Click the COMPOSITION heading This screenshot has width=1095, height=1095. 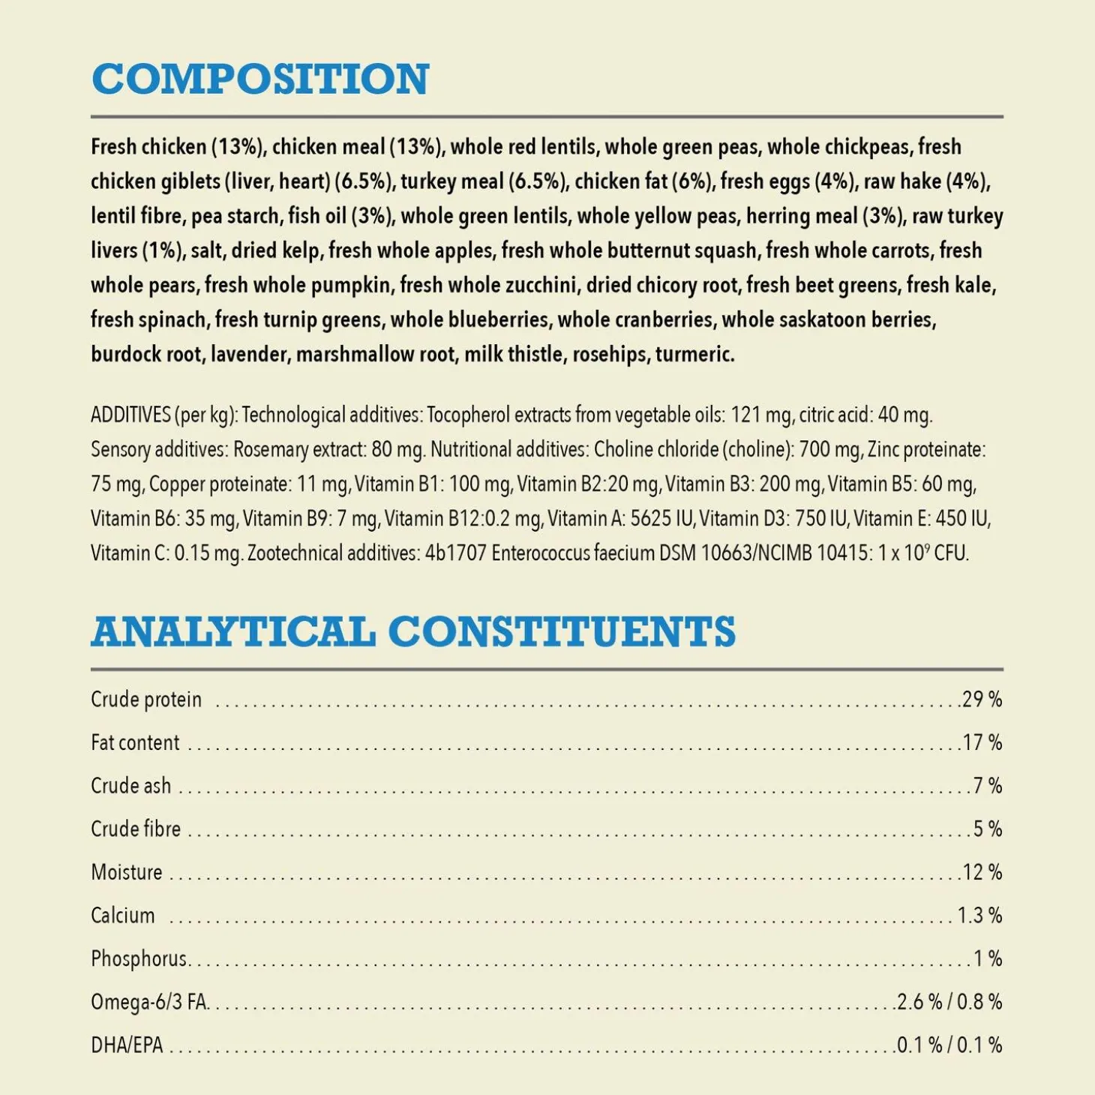(259, 79)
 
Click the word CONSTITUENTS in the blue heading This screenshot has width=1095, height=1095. (562, 631)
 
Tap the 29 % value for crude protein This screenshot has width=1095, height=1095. (982, 699)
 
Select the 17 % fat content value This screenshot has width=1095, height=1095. (982, 742)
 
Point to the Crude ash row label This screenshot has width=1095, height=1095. (131, 786)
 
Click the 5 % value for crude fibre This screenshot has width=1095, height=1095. (987, 829)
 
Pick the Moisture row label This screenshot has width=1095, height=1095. (127, 872)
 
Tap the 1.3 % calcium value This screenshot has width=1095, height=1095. (979, 915)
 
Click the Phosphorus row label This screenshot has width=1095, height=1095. (139, 958)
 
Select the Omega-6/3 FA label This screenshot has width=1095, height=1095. (149, 1002)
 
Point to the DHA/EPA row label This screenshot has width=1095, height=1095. (127, 1045)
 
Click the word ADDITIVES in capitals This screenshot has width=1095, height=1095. (130, 415)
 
